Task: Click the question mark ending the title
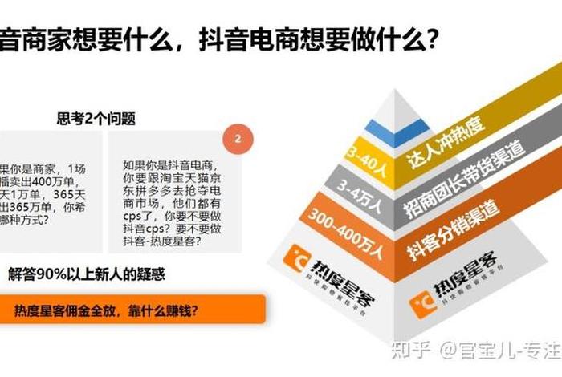pyautogui.click(x=431, y=39)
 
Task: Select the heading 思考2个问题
pyautogui.click(x=96, y=119)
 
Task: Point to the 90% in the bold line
pyautogui.click(x=60, y=274)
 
